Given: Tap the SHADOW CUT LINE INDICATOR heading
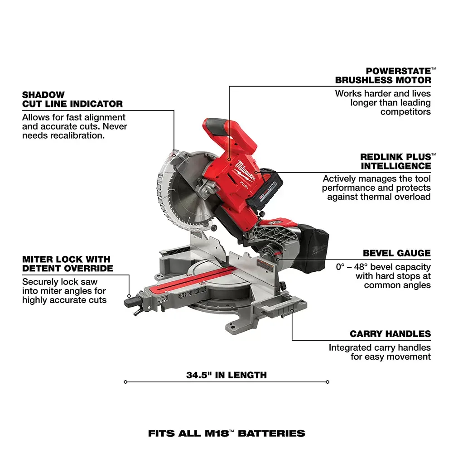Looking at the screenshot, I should (x=72, y=99).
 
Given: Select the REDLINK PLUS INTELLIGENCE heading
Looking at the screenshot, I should (x=395, y=161).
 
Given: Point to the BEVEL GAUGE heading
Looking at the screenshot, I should (x=396, y=253).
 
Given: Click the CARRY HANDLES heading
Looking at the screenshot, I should (x=390, y=334).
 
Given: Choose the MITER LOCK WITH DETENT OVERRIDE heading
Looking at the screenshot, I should (x=67, y=264).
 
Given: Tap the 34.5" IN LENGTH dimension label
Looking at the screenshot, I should (x=226, y=375).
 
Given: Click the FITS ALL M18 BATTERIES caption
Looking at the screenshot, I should (x=226, y=433).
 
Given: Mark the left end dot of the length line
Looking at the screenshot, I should (x=125, y=382).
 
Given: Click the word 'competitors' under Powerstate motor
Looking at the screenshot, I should (x=405, y=111).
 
